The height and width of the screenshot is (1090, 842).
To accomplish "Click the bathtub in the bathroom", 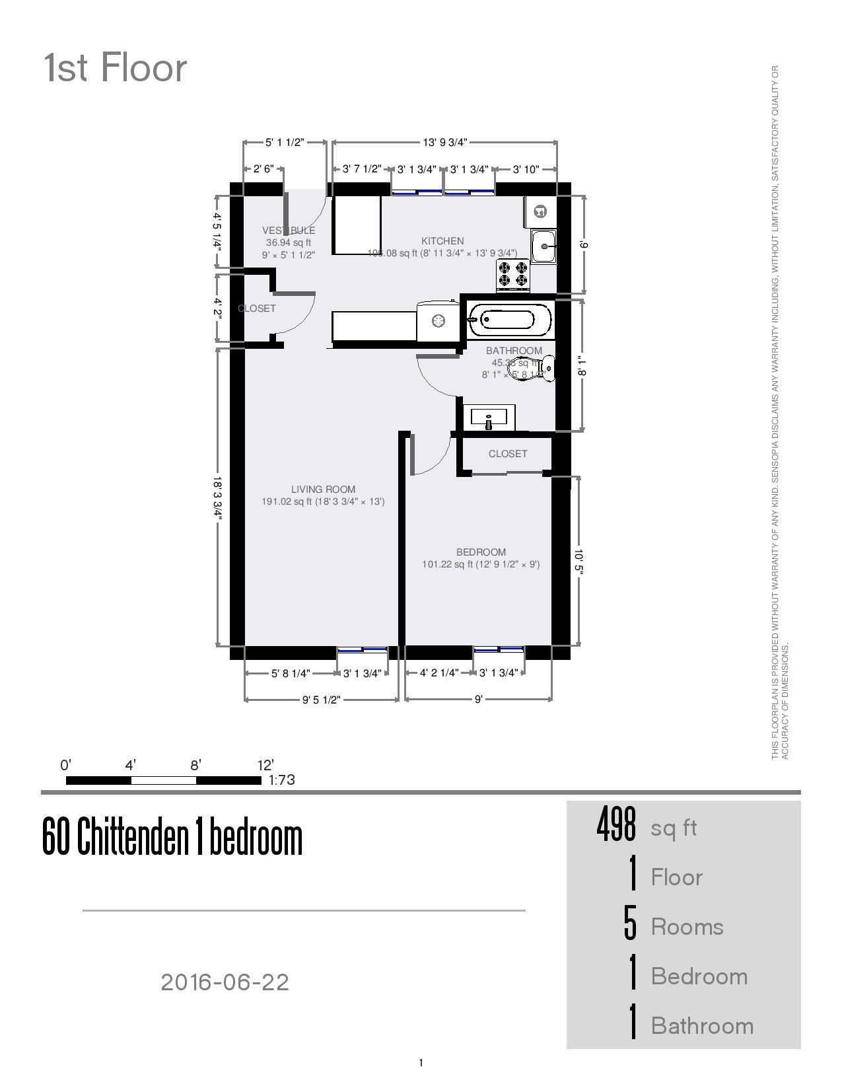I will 509,320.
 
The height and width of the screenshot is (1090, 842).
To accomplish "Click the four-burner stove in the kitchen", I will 514,275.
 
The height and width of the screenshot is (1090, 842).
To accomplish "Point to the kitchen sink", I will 544,246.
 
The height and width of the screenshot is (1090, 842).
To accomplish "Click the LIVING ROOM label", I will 323,490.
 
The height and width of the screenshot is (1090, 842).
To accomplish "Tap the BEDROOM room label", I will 481,552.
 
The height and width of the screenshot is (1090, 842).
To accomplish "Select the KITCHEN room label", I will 442,241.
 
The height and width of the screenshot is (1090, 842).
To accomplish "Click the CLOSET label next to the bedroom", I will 508,454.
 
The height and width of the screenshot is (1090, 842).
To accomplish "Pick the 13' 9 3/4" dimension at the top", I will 444,142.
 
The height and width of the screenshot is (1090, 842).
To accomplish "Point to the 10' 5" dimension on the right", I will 579,562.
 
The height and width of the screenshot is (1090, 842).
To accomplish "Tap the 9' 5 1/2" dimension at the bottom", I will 321,700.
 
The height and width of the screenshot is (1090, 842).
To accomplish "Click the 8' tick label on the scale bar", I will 195,766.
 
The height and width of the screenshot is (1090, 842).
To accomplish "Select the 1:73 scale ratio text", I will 281,780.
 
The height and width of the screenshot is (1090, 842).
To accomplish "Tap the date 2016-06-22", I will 225,982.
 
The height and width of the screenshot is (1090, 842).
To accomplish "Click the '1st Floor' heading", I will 116,68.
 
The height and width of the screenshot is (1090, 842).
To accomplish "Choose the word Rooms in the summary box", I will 687,927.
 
